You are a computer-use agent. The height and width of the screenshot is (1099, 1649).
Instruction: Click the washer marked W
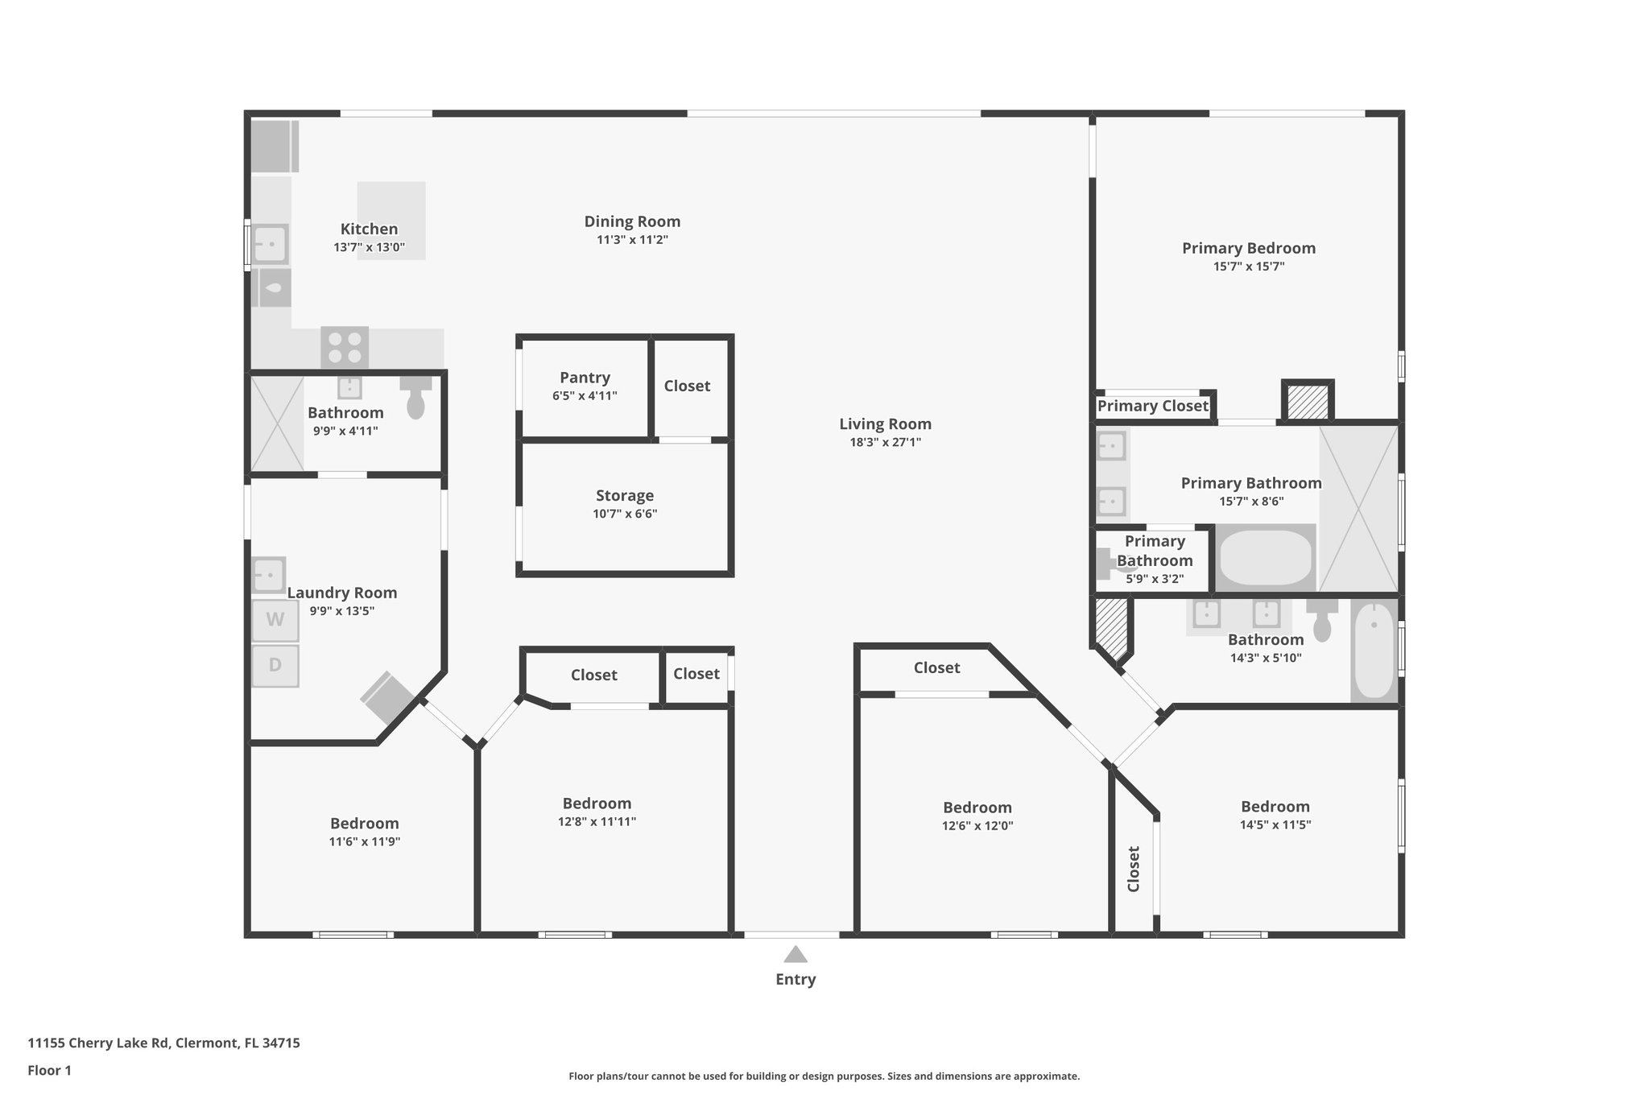point(275,620)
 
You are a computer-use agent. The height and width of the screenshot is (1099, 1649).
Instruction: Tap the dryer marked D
point(275,666)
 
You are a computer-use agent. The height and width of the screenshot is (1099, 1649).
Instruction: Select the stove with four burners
point(345,347)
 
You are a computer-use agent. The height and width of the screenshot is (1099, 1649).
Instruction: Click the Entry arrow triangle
point(796,954)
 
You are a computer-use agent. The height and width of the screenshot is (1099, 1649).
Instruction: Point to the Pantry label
point(585,378)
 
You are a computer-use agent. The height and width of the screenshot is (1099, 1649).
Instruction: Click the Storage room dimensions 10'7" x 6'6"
point(625,514)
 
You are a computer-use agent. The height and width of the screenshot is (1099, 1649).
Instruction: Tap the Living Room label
point(885,423)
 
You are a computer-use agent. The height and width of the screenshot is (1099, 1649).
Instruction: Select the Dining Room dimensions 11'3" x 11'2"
point(632,239)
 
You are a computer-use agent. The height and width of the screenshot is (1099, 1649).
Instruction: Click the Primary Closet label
point(1152,406)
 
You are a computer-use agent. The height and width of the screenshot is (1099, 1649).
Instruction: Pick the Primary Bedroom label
point(1249,248)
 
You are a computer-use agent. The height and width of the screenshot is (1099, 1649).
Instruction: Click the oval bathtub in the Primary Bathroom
point(1266,557)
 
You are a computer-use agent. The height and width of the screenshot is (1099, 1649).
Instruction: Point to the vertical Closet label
point(1134,869)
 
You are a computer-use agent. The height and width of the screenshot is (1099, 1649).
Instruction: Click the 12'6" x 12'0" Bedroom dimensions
point(977,825)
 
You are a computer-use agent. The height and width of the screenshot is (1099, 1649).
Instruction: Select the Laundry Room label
point(342,593)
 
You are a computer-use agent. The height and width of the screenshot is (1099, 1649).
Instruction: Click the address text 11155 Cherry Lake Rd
point(98,1043)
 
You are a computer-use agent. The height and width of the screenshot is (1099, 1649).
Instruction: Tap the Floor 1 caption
point(49,1071)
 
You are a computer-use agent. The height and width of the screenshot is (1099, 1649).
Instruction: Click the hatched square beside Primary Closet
point(1308,401)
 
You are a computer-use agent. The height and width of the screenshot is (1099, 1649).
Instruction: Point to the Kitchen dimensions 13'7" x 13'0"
point(369,247)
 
